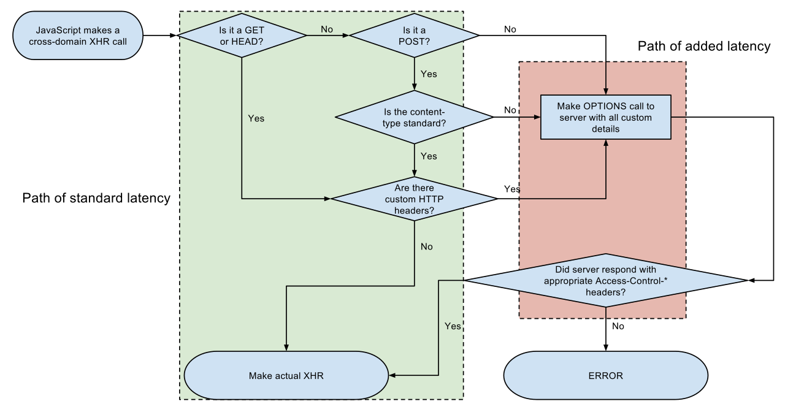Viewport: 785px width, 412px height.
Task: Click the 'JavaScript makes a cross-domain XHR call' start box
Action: coord(78,36)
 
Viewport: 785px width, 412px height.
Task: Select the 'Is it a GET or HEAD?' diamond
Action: coord(242,36)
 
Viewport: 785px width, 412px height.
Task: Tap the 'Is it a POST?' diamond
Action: coord(414,36)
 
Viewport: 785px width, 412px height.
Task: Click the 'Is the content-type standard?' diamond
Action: coord(414,117)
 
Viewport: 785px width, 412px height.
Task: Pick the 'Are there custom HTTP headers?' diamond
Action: coord(414,199)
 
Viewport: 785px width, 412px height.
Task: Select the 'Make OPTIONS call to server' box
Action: coord(605,117)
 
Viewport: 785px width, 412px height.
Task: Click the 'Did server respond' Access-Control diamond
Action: coord(605,281)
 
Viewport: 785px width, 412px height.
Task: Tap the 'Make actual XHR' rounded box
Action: coord(286,376)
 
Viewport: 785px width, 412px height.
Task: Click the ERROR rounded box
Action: coord(605,376)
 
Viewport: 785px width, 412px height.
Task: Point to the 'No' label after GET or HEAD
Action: coord(327,29)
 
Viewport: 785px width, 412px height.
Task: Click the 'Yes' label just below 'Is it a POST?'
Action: coord(429,74)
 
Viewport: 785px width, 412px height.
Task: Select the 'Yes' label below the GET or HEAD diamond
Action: coord(256,118)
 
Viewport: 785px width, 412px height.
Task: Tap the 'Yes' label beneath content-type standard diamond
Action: coord(429,156)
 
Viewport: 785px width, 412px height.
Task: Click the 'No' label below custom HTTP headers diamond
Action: coord(426,246)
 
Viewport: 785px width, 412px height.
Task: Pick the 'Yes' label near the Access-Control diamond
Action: coord(452,326)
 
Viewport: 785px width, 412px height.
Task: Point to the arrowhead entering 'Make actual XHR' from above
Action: coord(286,347)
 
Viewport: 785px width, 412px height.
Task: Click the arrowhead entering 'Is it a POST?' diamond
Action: coord(345,36)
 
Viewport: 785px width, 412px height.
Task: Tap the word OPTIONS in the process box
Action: coord(607,106)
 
